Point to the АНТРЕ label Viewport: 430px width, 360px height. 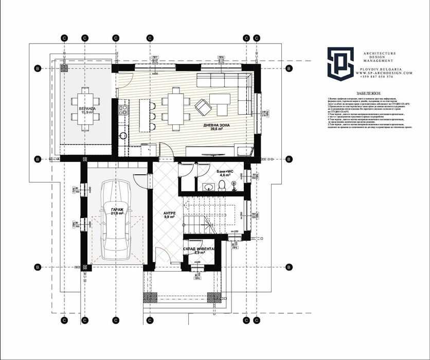point(169,214)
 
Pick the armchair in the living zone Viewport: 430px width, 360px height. point(202,106)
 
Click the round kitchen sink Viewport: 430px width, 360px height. point(122,136)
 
